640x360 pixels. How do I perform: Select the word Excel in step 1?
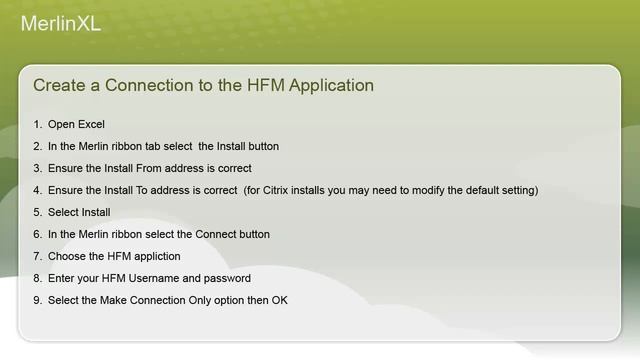point(91,124)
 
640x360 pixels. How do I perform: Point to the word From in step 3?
point(143,168)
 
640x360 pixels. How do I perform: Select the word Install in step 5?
point(95,212)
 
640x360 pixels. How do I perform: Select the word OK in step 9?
point(279,300)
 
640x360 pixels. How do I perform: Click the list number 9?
point(37,300)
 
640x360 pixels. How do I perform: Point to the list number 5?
point(37,212)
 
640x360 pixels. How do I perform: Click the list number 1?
point(37,124)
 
